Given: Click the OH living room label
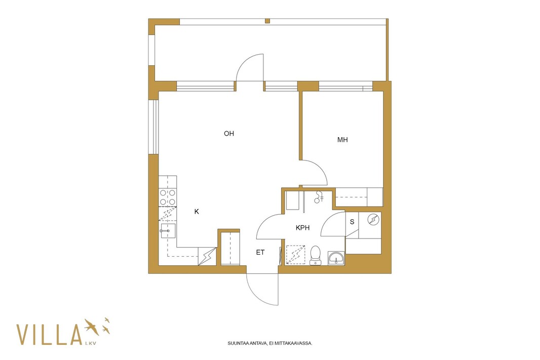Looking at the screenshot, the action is pyautogui.click(x=229, y=134).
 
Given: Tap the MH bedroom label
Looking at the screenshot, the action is pyautogui.click(x=342, y=140).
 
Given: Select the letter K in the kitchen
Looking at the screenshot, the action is pyautogui.click(x=197, y=212).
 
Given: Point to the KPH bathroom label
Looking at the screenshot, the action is pyautogui.click(x=303, y=228).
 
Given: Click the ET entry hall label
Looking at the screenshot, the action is pyautogui.click(x=260, y=253).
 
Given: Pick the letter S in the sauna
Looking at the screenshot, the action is pyautogui.click(x=352, y=222).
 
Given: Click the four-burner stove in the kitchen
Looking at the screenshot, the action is pyautogui.click(x=168, y=197).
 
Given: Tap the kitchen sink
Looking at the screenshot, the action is pyautogui.click(x=168, y=231).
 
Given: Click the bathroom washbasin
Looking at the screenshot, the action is pyautogui.click(x=336, y=258).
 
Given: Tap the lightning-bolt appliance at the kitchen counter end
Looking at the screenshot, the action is pyautogui.click(x=207, y=256).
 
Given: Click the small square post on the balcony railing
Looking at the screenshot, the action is pyautogui.click(x=267, y=21).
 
